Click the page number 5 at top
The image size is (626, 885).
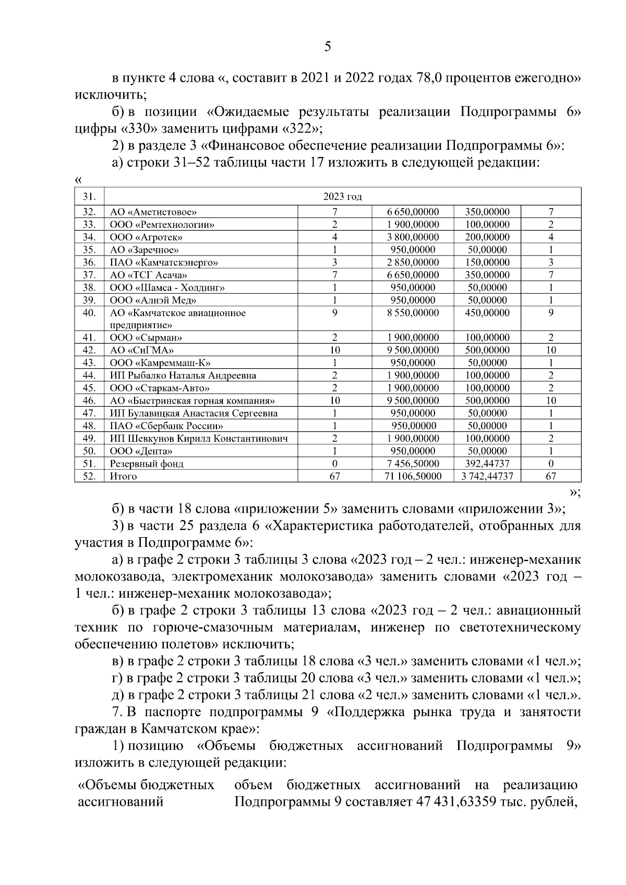coord(328,47)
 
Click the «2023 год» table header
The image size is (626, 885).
coord(342,197)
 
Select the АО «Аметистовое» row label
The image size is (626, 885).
coord(153,212)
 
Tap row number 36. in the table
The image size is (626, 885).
coord(89,262)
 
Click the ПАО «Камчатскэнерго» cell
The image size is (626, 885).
coord(164,262)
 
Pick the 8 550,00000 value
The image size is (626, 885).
coord(413,313)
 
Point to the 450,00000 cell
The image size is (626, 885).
coord(487,313)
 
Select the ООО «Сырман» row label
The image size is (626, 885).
coord(146,337)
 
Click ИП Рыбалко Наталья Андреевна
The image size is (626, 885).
coord(183,375)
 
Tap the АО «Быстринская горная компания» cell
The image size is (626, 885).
coord(192,401)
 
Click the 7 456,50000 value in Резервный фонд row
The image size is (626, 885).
coord(413,464)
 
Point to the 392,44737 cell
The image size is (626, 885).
coord(487,464)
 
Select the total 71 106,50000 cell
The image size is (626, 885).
coord(413,476)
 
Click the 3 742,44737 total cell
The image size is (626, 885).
coord(487,476)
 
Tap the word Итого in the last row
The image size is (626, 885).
coord(123,476)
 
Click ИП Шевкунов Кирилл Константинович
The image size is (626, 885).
coord(199,439)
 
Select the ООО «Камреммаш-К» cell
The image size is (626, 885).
coord(160,363)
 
